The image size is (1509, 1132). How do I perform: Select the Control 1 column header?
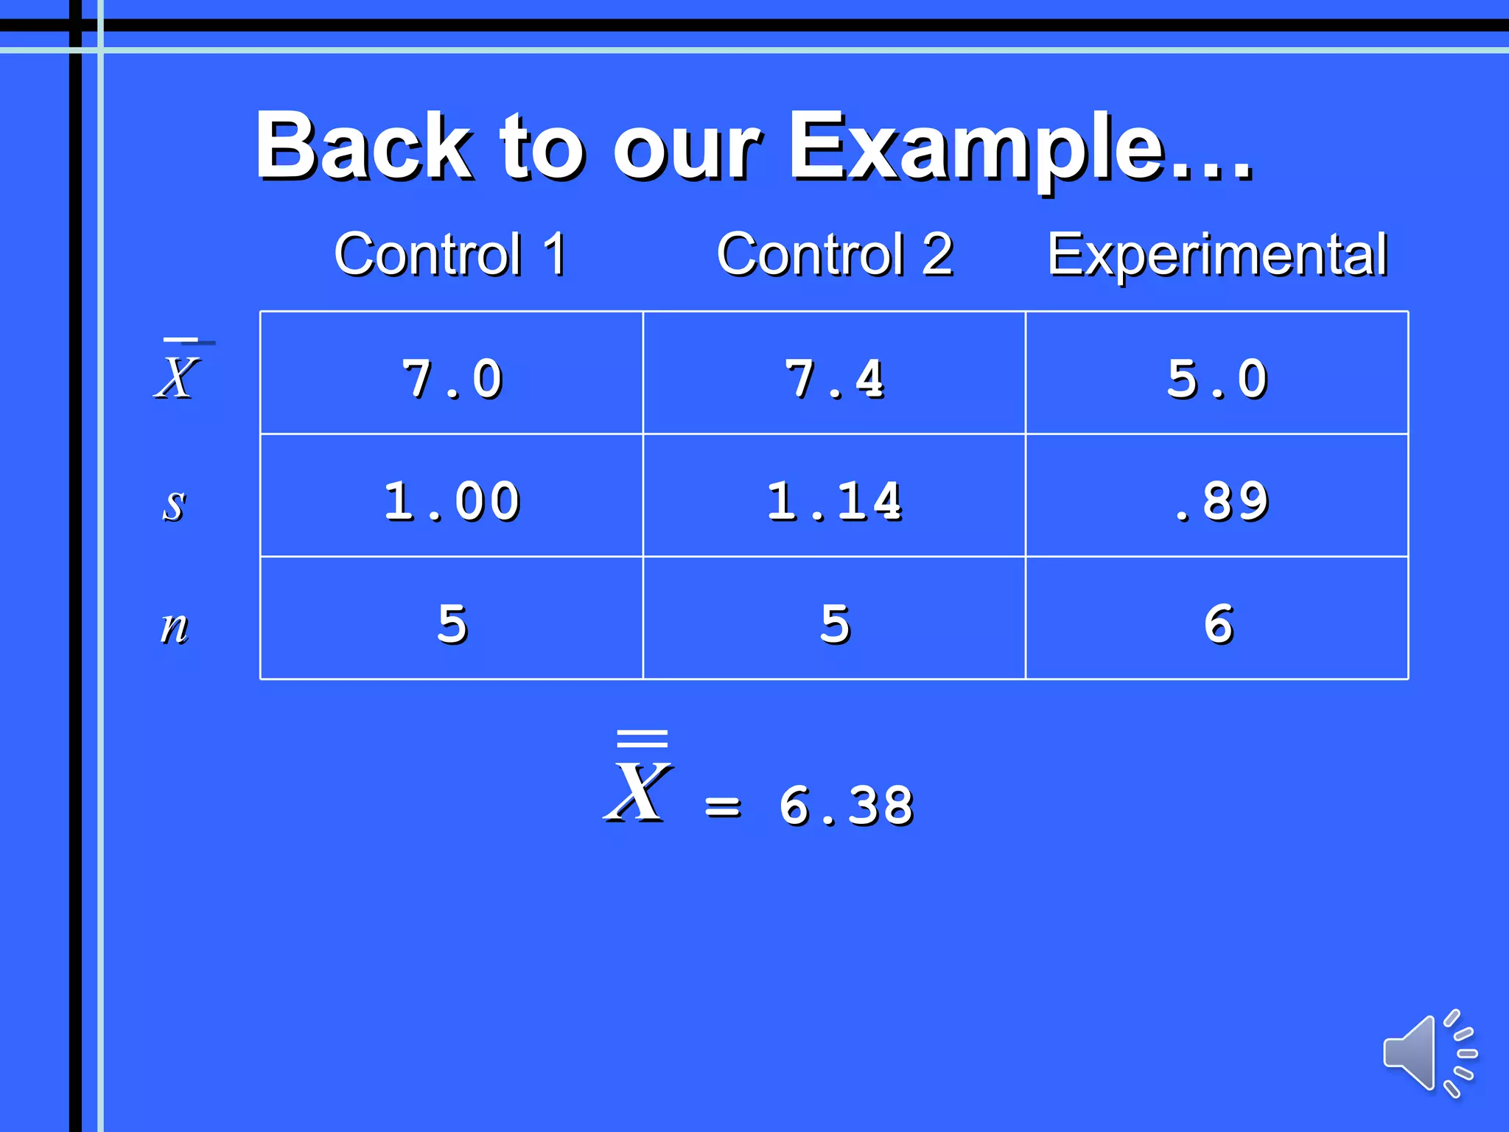450,254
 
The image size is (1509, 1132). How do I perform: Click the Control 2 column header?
835,254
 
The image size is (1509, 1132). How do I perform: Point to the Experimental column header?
1217,254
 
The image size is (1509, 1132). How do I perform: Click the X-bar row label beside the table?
178,372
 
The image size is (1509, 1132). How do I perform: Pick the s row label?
174,505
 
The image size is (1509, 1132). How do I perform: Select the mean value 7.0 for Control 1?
452,380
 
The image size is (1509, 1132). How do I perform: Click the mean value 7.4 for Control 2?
835,380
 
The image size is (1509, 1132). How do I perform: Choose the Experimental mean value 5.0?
1217,380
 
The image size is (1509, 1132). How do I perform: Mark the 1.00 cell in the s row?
452,502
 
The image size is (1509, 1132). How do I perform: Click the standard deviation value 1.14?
835,502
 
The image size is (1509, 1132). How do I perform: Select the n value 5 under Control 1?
452,624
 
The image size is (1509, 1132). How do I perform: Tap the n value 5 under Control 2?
835,624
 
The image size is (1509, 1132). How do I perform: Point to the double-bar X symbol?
639,781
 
